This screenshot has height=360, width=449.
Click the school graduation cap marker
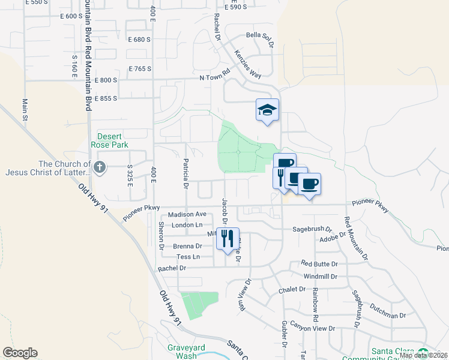(268, 110)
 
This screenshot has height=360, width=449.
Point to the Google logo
(20, 353)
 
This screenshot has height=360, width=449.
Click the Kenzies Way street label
(249, 64)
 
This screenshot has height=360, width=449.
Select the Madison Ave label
(187, 214)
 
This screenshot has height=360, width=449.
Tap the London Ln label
(184, 225)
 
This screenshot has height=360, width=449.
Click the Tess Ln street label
(188, 257)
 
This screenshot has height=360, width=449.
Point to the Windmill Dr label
(321, 276)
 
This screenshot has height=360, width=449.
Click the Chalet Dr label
(292, 289)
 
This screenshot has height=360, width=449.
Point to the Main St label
(26, 109)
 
